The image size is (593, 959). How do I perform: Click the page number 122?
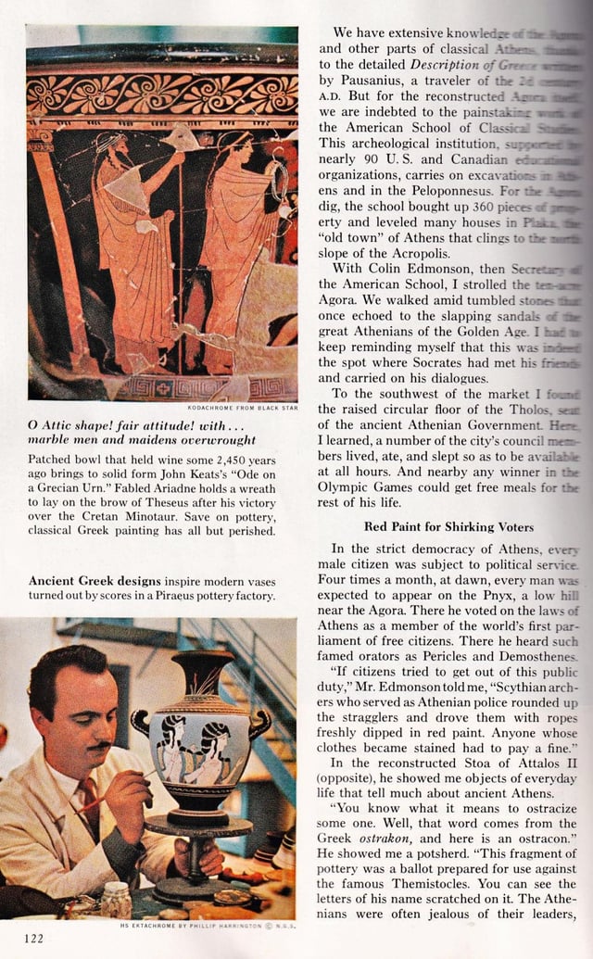(x=33, y=938)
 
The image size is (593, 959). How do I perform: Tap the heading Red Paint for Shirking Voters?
(x=448, y=526)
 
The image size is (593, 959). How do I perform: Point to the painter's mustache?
(x=101, y=746)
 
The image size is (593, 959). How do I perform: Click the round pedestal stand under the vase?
(x=198, y=825)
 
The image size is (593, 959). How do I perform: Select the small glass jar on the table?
(x=116, y=898)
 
